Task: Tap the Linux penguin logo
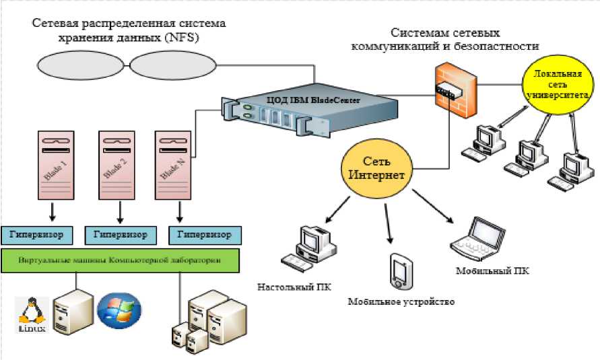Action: point(28,315)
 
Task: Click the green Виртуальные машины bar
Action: point(121,260)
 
